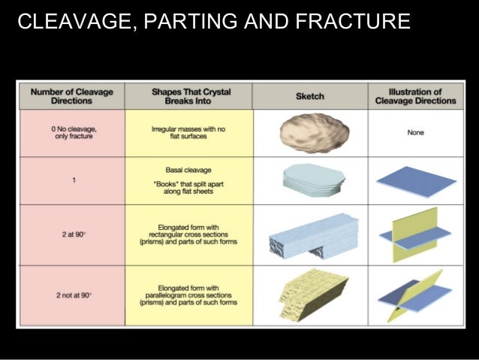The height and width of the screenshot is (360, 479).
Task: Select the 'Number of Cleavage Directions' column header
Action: (x=71, y=96)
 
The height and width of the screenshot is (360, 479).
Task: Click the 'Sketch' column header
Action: (x=309, y=96)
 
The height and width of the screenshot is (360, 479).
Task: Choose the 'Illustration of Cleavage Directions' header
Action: (x=415, y=96)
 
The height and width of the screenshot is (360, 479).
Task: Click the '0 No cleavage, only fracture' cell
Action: (x=71, y=133)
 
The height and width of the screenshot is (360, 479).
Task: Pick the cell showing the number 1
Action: (x=71, y=180)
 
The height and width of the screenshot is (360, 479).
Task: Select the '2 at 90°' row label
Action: (x=71, y=234)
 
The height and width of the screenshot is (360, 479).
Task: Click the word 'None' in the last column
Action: (x=415, y=133)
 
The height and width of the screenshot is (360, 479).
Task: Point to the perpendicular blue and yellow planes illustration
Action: (x=415, y=234)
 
